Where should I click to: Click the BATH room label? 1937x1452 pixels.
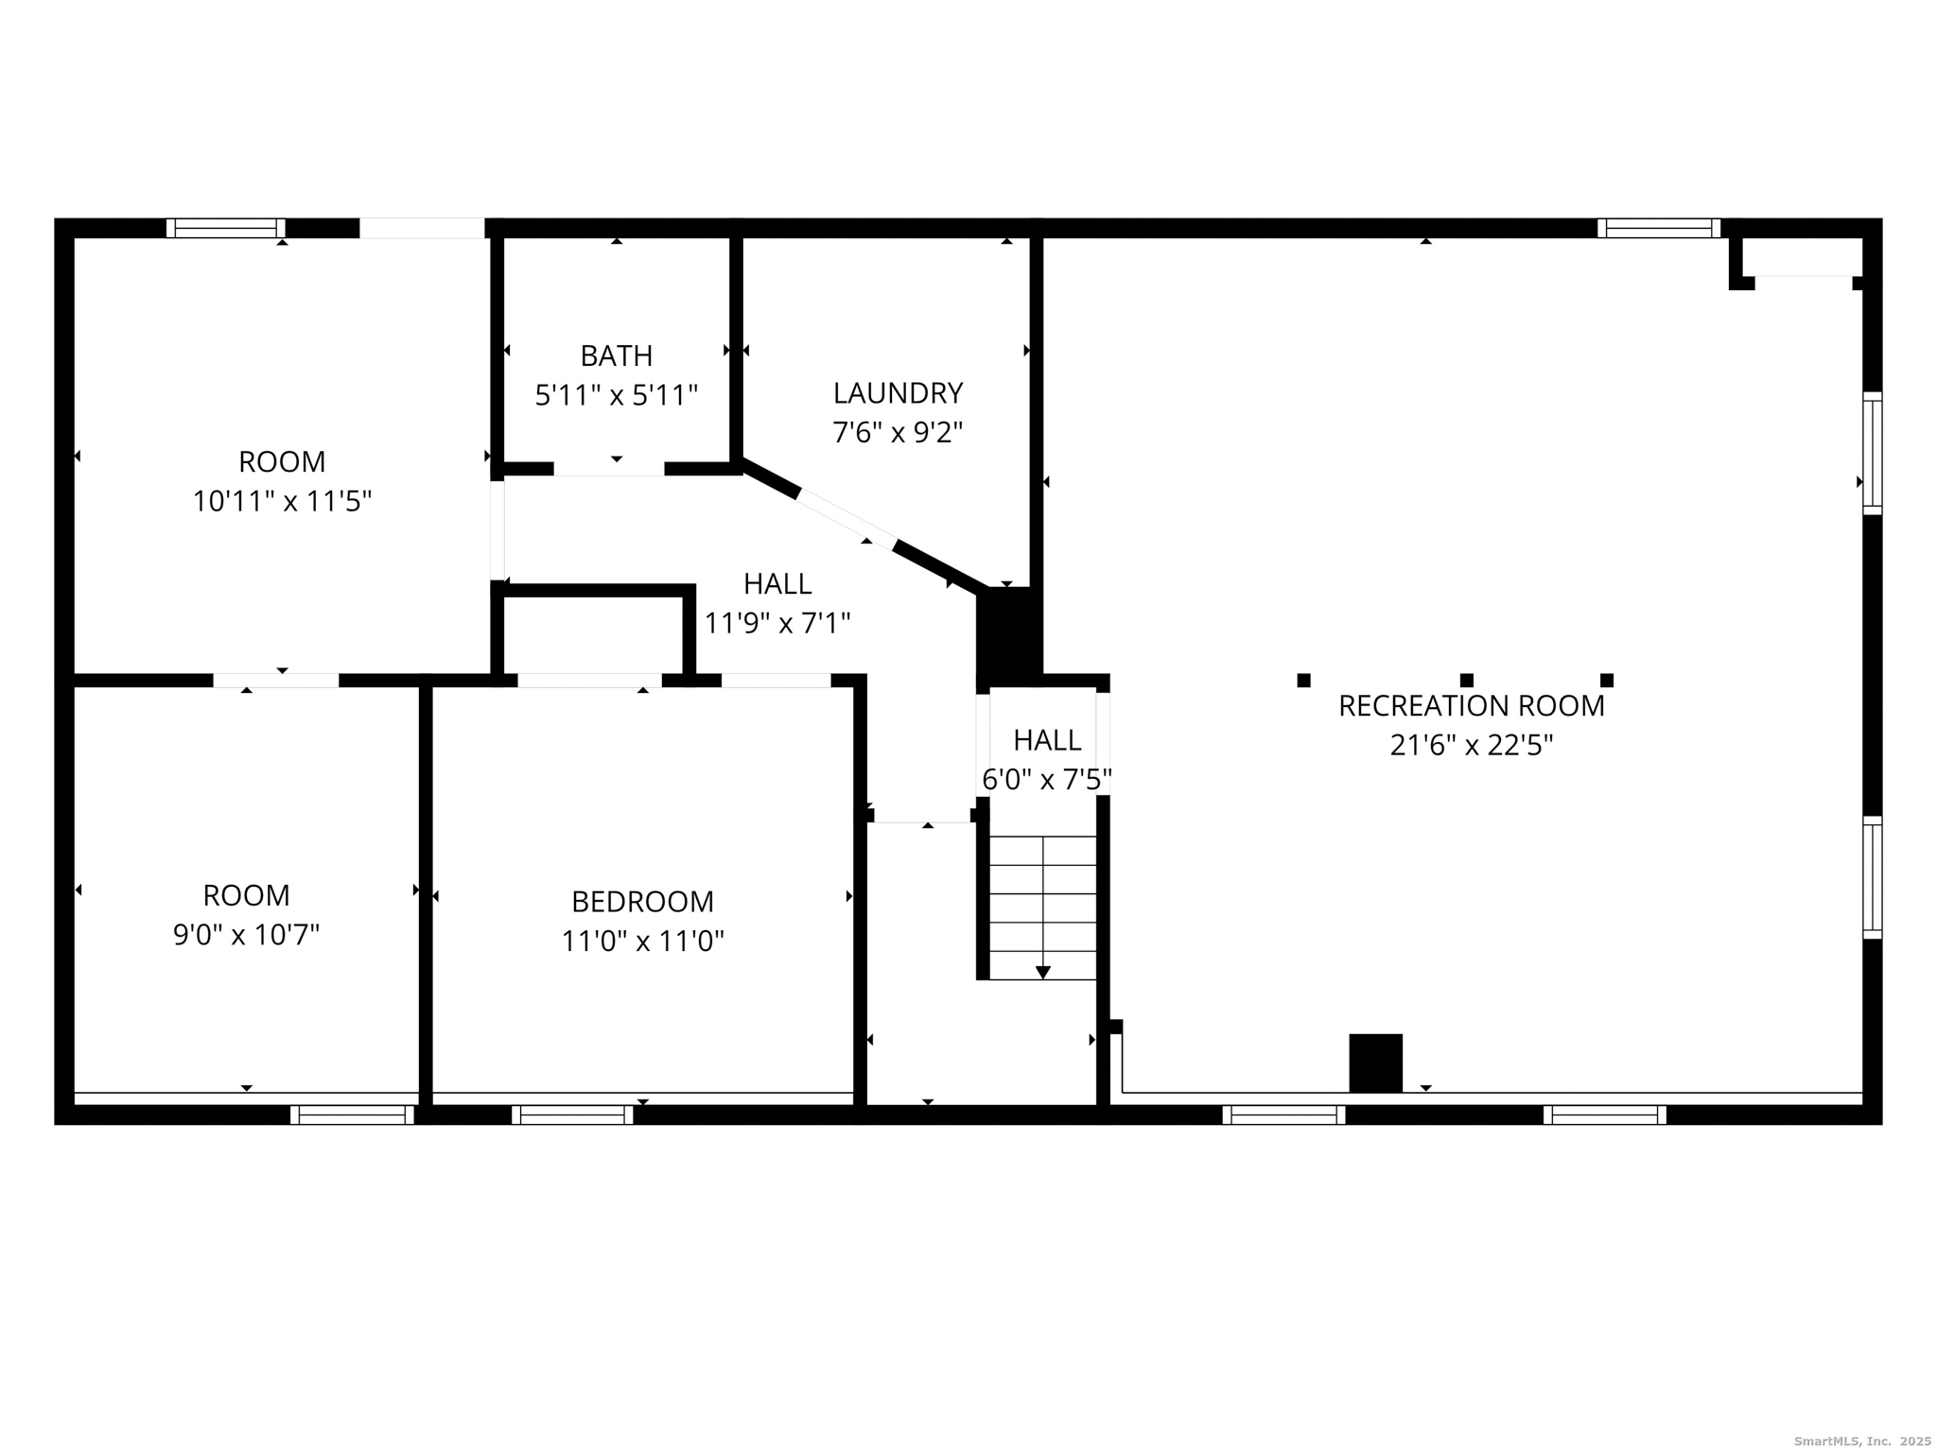(x=616, y=355)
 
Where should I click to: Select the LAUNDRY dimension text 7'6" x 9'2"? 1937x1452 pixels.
(x=897, y=433)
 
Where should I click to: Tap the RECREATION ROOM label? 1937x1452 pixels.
(x=1471, y=706)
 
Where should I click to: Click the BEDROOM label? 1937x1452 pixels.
(x=642, y=902)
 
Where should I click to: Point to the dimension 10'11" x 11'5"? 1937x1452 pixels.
(x=282, y=501)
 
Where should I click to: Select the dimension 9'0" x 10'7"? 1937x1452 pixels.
(x=246, y=935)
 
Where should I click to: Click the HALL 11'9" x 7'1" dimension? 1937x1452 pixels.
(x=777, y=623)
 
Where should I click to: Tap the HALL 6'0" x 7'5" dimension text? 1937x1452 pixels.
(x=1046, y=780)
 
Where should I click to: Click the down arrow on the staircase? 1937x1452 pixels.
(x=1042, y=972)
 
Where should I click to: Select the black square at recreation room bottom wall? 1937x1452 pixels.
(x=1375, y=1063)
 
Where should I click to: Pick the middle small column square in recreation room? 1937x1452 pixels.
(x=1466, y=680)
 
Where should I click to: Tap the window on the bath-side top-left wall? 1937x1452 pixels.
(x=225, y=228)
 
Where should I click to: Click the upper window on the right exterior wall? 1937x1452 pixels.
(x=1872, y=453)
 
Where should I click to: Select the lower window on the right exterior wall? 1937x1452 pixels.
(x=1872, y=877)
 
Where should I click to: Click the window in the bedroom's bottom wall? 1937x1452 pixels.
(x=572, y=1115)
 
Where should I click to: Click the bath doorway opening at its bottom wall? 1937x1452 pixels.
(x=609, y=469)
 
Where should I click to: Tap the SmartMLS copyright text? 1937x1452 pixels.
(x=1861, y=1441)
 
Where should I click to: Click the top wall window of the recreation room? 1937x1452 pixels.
(x=1659, y=228)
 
